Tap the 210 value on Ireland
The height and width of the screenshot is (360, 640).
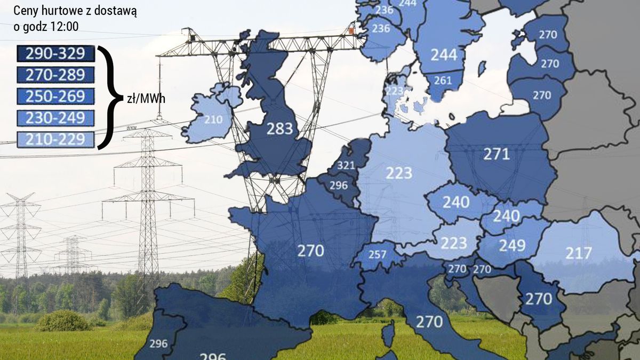pyautogui.click(x=213, y=119)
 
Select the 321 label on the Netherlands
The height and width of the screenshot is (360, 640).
pyautogui.click(x=346, y=165)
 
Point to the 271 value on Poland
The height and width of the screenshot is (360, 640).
pyautogui.click(x=497, y=155)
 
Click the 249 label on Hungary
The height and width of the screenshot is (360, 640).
pyautogui.click(x=512, y=245)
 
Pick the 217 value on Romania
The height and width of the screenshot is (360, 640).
pyautogui.click(x=579, y=253)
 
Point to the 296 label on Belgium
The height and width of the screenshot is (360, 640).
pyautogui.click(x=339, y=186)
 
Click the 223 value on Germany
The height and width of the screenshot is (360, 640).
pyautogui.click(x=399, y=172)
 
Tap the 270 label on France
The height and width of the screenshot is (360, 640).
pyautogui.click(x=310, y=250)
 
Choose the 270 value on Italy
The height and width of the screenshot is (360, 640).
pyautogui.click(x=429, y=322)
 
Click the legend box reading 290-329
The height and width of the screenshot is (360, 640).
pyautogui.click(x=55, y=53)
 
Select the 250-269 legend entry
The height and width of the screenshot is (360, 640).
pyautogui.click(x=55, y=97)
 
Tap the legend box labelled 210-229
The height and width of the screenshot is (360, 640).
pyautogui.click(x=55, y=140)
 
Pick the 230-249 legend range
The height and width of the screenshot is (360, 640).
pyautogui.click(x=55, y=118)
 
